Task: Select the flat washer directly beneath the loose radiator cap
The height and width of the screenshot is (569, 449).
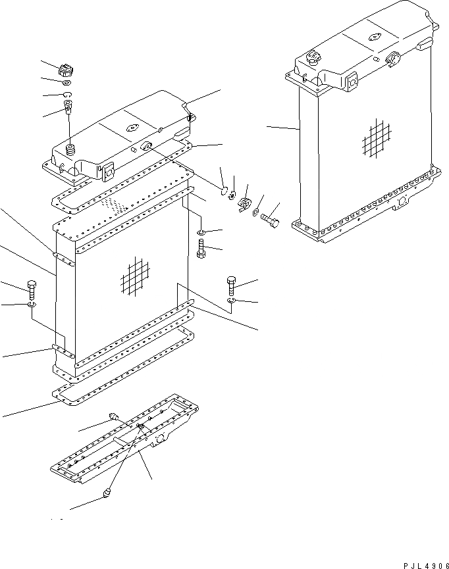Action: (x=67, y=84)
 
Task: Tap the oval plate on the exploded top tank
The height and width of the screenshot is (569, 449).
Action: (x=130, y=130)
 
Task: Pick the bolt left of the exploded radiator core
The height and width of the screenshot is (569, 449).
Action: (x=32, y=289)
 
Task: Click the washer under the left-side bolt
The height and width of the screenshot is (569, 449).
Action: (x=32, y=305)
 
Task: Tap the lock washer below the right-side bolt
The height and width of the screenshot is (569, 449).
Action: (x=230, y=301)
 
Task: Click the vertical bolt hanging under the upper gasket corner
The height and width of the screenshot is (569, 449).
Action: (x=201, y=249)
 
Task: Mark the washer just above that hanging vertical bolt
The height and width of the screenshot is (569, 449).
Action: (x=202, y=232)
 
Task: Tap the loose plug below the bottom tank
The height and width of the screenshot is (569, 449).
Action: (x=107, y=493)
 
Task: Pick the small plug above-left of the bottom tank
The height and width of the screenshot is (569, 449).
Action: (x=113, y=415)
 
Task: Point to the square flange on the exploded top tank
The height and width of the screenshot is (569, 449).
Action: (x=107, y=173)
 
